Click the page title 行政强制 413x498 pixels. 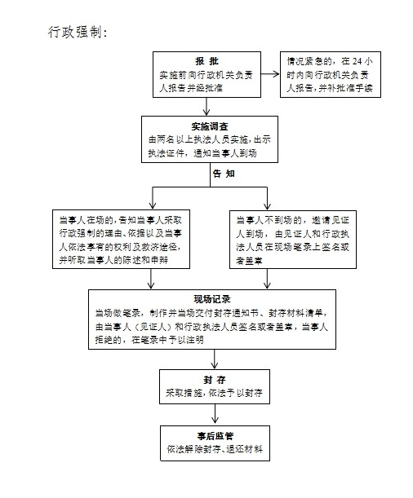(78, 32)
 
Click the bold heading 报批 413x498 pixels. (206, 61)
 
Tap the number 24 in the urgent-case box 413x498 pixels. (357, 61)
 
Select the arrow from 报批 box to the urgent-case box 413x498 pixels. (270, 74)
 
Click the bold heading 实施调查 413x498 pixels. (210, 126)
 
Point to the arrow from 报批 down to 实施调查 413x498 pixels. (206, 107)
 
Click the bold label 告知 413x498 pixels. (224, 174)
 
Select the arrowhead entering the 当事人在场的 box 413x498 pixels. (153, 205)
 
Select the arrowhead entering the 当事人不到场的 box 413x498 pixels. (267, 205)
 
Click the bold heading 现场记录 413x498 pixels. (212, 299)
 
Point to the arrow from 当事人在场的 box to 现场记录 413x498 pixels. (151, 279)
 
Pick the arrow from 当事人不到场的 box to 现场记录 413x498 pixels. (267, 279)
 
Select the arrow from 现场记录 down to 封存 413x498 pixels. (215, 359)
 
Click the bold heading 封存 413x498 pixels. (215, 380)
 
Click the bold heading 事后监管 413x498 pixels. (215, 436)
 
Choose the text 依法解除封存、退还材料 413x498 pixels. (215, 449)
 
